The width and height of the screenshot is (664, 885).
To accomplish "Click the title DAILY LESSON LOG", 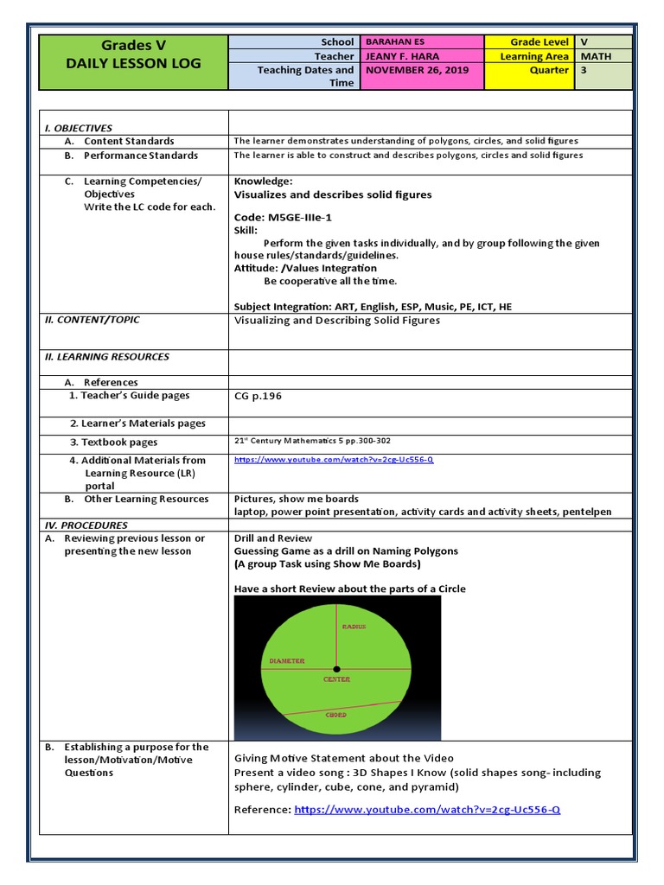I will click(134, 63).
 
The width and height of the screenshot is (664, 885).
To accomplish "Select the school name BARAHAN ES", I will click(396, 41).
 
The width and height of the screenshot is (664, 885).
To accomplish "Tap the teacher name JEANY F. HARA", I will click(402, 56).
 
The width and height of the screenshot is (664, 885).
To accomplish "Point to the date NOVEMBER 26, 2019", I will click(411, 70).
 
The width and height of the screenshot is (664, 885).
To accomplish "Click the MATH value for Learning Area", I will click(596, 56).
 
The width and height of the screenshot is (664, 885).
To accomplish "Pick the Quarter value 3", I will click(584, 70).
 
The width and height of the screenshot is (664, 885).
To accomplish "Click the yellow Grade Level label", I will click(539, 41).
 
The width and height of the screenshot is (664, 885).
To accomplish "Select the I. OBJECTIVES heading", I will click(79, 128).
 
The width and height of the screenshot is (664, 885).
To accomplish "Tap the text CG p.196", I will click(258, 397).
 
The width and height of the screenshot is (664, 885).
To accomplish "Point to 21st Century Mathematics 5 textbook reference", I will click(312, 441).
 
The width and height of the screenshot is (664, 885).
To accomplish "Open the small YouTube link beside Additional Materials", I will click(334, 460).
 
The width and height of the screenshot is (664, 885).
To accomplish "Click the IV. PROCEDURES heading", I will click(86, 525).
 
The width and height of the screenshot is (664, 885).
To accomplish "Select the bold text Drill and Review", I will click(273, 538).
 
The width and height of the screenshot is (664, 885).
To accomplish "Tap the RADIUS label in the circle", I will click(354, 627).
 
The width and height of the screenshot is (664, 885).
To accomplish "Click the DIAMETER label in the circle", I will click(287, 661).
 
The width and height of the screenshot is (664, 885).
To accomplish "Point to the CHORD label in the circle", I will click(336, 716).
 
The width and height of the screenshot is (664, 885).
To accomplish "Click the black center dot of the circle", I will click(336, 669).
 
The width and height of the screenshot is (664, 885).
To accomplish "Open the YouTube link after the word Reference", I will click(427, 810).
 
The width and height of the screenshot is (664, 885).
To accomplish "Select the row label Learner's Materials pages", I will click(137, 423).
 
